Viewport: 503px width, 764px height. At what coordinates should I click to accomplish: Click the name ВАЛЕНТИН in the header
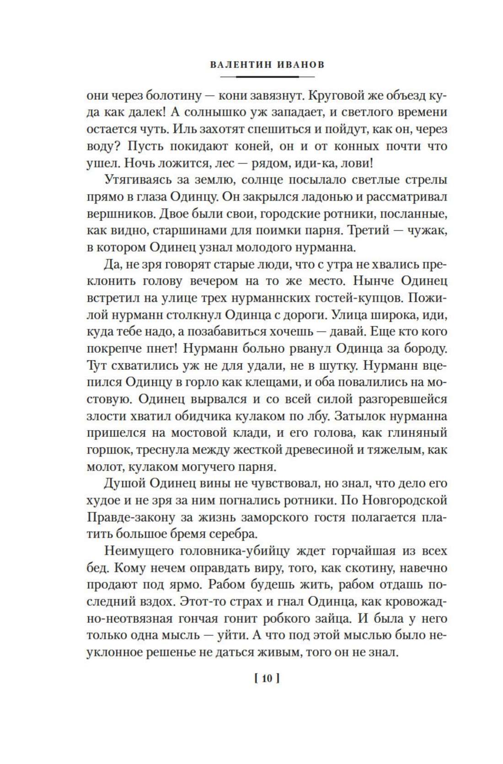coord(241,65)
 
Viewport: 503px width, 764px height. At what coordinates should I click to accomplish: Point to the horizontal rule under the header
coord(268,76)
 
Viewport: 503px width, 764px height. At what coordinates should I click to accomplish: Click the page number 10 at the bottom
coord(267,679)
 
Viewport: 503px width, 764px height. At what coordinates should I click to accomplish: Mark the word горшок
coord(109,450)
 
